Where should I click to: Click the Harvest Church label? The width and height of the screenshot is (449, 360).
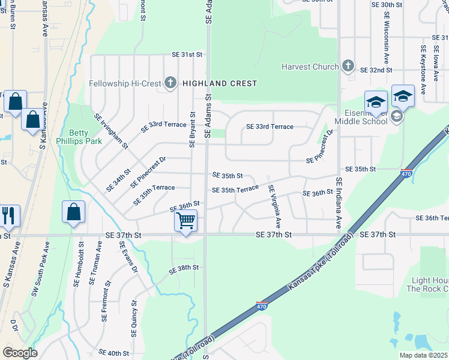coord(310,67)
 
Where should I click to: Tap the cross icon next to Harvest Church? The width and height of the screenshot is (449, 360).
coord(348,65)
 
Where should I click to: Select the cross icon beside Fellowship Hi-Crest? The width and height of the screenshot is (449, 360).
coord(170,83)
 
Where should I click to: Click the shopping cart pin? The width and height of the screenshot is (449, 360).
coord(185,221)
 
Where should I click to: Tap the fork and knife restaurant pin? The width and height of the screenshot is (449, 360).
coord(8,216)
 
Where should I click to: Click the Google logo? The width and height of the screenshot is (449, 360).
coord(20,353)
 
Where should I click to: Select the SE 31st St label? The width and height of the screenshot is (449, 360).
coord(187,55)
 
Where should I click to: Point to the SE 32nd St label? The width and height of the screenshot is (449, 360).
coord(376,70)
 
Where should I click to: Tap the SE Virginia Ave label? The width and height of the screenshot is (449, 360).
coord(274,203)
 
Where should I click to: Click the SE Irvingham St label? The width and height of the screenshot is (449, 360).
coord(111,131)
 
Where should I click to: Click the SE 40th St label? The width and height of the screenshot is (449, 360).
coord(114,353)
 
